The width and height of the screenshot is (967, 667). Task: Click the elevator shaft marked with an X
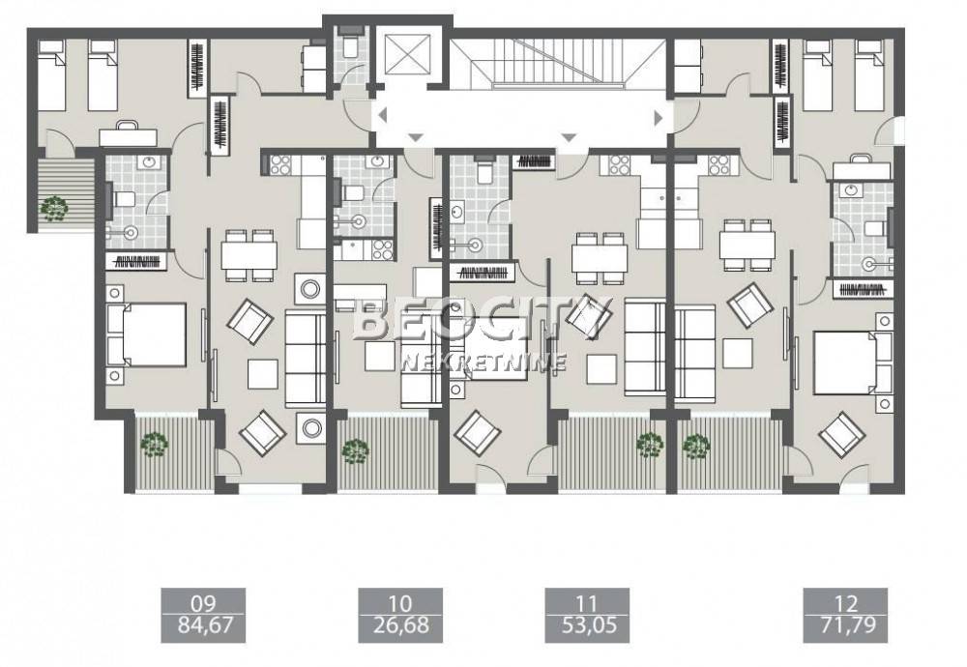407,53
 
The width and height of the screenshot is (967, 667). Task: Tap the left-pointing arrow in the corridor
383,115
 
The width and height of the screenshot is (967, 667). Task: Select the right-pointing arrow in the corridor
658,117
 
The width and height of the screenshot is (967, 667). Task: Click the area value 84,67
203,625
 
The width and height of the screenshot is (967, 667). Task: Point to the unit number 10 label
401,602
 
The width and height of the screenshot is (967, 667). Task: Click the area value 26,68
401,625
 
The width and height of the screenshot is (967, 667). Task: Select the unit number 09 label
203,602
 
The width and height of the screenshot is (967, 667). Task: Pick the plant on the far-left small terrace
54,209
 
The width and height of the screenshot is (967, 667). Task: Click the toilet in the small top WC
352,46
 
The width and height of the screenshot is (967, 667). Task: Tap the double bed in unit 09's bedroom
147,334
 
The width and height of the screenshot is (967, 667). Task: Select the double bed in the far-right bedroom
853,363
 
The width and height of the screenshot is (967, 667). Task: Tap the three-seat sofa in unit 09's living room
306,359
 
